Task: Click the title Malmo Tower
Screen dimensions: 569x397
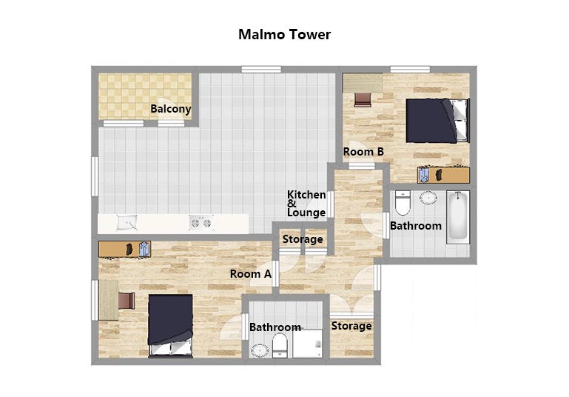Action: click(284, 35)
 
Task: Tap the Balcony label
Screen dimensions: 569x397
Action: click(171, 109)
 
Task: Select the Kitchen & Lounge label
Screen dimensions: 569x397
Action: click(306, 204)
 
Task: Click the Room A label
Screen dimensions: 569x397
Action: click(251, 274)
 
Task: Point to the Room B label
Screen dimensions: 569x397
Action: click(363, 151)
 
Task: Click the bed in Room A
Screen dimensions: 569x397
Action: click(170, 325)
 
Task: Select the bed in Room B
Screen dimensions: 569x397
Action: click(437, 120)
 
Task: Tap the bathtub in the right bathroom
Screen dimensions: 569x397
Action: click(458, 217)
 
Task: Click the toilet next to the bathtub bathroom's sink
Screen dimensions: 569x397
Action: click(403, 203)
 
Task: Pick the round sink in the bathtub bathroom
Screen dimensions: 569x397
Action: click(428, 198)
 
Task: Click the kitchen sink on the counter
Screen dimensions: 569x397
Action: click(127, 222)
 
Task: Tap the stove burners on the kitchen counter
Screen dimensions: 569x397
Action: click(201, 223)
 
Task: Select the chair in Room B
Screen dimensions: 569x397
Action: click(363, 99)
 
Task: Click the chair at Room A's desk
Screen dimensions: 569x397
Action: click(127, 301)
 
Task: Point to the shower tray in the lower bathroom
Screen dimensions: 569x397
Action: click(307, 344)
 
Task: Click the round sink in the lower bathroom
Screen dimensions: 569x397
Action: click(260, 350)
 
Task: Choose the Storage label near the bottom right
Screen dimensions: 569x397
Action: click(351, 326)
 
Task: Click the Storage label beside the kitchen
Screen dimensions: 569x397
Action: click(303, 239)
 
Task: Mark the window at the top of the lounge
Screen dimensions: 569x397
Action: click(261, 70)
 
